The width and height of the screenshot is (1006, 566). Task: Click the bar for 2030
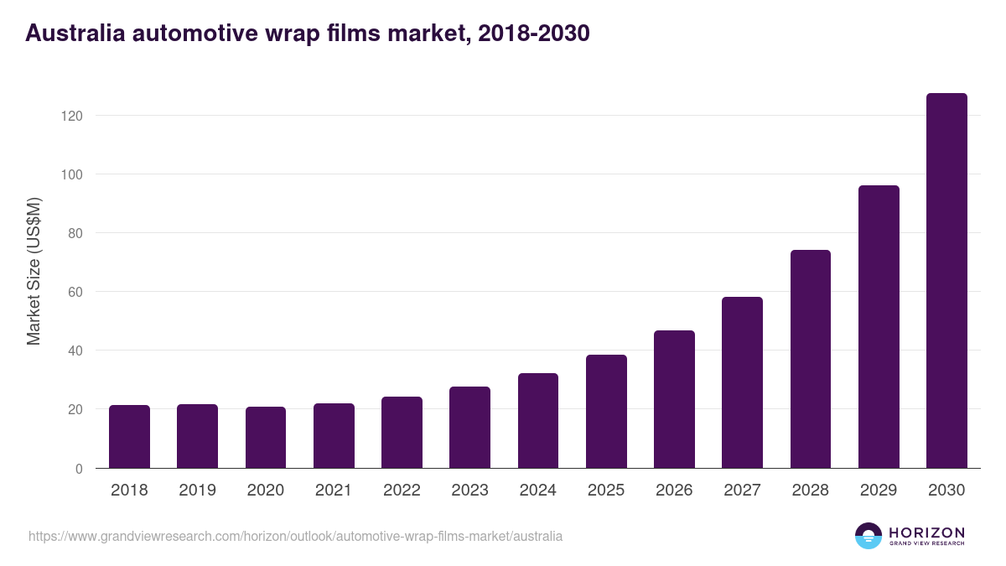[946, 281]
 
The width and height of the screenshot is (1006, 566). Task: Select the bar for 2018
[129, 437]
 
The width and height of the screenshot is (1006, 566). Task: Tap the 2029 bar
[879, 327]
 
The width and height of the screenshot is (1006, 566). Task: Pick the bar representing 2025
[606, 412]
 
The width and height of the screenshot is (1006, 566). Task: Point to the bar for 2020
[266, 438]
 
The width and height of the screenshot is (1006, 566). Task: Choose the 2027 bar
[742, 382]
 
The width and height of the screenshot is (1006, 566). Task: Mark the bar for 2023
[469, 428]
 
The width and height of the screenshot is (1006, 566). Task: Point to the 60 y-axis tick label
[75, 292]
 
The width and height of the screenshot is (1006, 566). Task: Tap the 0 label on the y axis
[79, 469]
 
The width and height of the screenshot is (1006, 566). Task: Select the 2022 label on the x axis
[402, 491]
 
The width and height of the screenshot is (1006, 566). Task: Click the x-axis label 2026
[674, 491]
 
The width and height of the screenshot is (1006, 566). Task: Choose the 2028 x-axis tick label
[811, 491]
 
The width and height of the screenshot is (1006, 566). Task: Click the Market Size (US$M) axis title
[34, 271]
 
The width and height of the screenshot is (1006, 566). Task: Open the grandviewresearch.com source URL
[295, 536]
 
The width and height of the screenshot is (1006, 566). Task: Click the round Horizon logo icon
[869, 536]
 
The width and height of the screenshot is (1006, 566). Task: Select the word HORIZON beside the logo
[926, 532]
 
